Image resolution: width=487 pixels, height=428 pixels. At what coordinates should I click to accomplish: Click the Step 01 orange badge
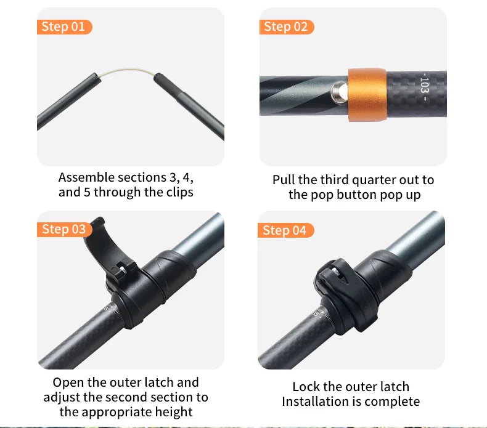64,27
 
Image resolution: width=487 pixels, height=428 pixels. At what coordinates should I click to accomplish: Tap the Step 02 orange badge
286,26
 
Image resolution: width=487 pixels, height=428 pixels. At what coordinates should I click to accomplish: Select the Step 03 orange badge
64,229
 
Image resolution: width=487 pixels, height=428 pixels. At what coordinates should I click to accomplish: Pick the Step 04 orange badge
285,230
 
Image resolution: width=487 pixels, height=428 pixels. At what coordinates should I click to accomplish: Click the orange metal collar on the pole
367,95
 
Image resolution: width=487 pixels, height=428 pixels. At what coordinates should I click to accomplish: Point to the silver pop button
338,94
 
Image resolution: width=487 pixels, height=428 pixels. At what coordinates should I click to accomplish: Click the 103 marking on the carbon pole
424,89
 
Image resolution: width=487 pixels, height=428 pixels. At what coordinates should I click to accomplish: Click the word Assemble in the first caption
86,177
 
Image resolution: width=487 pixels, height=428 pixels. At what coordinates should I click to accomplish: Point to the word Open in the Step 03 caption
67,382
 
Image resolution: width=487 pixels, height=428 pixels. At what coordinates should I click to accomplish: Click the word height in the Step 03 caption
172,412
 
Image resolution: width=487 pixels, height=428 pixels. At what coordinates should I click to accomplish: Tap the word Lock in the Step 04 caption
306,387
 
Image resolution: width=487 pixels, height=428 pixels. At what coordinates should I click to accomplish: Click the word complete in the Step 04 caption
393,402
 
